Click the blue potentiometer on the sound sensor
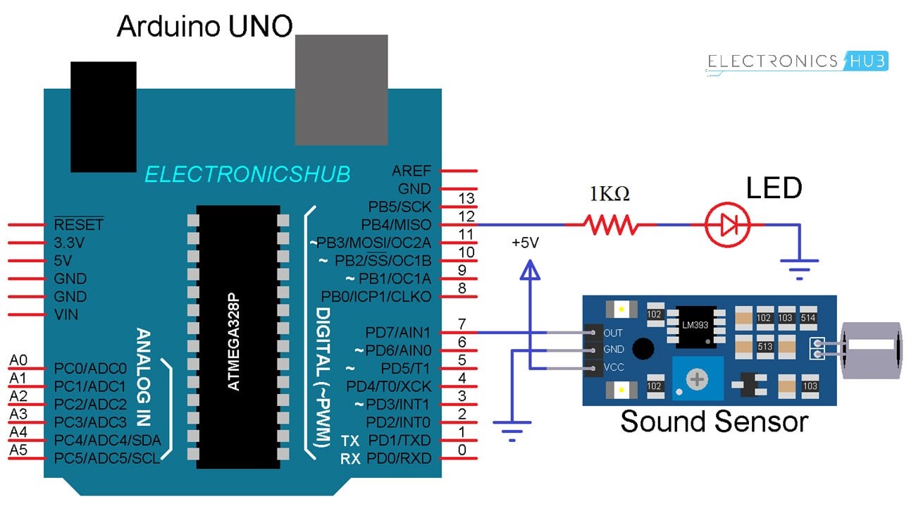pyautogui.click(x=696, y=380)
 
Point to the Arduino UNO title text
pyautogui.click(x=204, y=26)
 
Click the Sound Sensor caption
pyautogui.click(x=714, y=422)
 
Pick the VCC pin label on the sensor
pyautogui.click(x=614, y=368)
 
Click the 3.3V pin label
pyautogui.click(x=70, y=243)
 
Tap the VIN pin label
pyautogui.click(x=66, y=314)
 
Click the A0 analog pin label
pyautogui.click(x=18, y=360)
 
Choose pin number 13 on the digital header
pyautogui.click(x=466, y=200)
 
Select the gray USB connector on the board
pyautogui.click(x=341, y=89)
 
